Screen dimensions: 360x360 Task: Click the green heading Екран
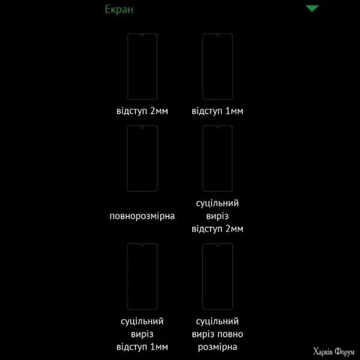[119, 10]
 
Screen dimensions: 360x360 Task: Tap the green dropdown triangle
[312, 8]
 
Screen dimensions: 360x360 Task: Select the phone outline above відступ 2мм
[127, 67]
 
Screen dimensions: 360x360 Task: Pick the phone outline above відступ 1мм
[203, 67]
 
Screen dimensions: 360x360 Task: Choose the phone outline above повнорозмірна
[127, 158]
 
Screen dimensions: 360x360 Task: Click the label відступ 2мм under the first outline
[142, 111]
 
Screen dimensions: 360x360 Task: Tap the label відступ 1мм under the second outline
[217, 111]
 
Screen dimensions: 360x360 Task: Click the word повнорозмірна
[142, 216]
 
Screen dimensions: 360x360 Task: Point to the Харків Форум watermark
[334, 352]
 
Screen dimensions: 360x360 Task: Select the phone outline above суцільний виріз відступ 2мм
[203, 158]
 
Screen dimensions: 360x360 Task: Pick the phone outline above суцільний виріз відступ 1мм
[127, 277]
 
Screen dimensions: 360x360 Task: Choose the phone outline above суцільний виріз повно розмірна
[203, 277]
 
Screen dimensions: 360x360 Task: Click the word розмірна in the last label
[217, 347]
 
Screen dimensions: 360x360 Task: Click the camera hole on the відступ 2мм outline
[142, 35]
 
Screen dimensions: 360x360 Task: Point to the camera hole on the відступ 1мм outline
[217, 35]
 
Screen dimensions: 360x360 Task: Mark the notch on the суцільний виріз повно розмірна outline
[217, 245]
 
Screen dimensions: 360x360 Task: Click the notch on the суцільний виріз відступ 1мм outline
[142, 245]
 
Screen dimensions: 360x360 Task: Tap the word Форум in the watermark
[344, 352]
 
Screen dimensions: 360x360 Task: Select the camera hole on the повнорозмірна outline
[142, 127]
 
